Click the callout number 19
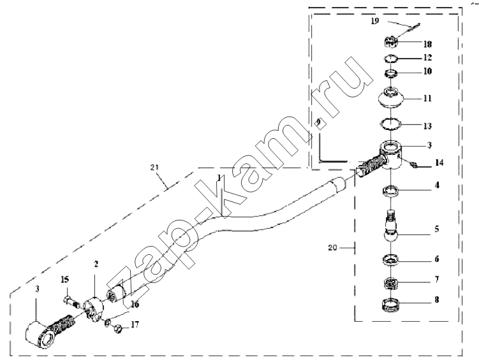click(375, 21)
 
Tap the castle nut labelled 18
click(390, 42)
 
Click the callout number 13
click(427, 126)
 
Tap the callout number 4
click(437, 185)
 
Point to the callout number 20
click(332, 248)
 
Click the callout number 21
click(155, 167)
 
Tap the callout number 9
click(318, 122)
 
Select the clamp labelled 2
click(94, 309)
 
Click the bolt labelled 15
click(72, 302)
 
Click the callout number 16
click(135, 305)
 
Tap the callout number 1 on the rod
click(219, 178)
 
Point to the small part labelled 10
click(390, 73)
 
